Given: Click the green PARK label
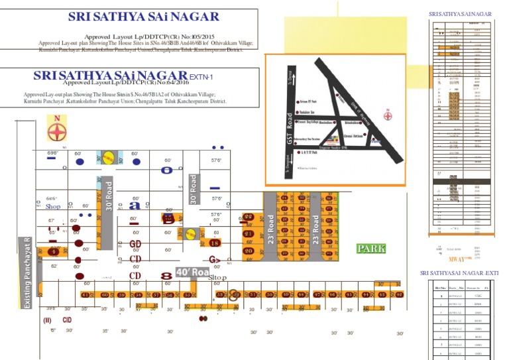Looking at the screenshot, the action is (371, 249).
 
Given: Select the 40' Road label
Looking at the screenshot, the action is (192, 272).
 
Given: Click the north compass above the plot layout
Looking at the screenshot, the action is (57, 128).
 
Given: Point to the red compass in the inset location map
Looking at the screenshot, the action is (387, 114).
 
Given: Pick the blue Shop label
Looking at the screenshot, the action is (54, 207).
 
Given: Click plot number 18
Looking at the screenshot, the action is (214, 243).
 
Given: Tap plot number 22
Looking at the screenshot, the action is (248, 217).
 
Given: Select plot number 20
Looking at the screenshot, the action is (249, 251).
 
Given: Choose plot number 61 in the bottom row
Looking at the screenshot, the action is (85, 294).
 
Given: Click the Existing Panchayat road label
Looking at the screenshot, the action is (27, 273).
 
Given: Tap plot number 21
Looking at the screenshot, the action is (249, 234).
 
